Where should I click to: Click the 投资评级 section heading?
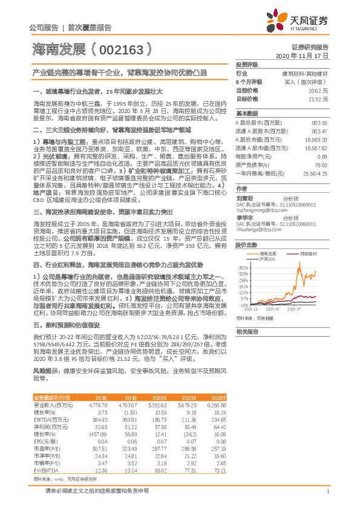(247, 64)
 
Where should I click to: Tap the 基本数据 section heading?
(247, 113)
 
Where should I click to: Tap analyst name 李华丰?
(244, 217)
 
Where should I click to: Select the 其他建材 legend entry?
(309, 237)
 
